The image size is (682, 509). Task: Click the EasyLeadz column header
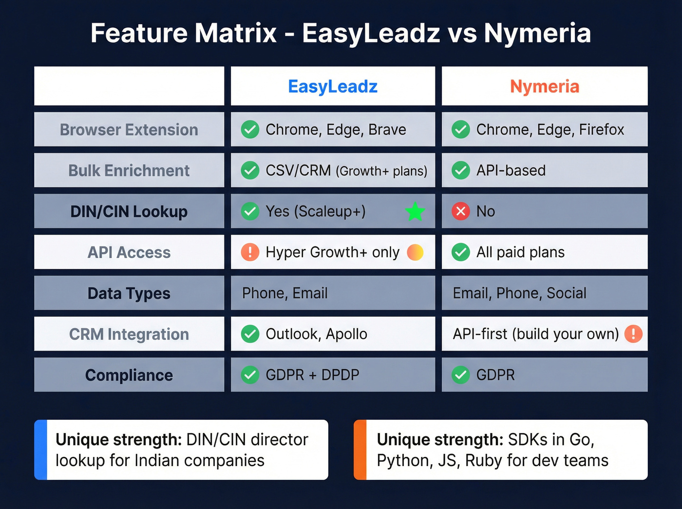click(333, 87)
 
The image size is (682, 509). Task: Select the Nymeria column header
click(544, 87)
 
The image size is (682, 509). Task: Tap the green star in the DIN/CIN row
click(415, 212)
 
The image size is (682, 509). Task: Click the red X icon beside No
click(460, 211)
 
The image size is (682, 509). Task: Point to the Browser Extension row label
click(129, 130)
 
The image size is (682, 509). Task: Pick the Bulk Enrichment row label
click(129, 170)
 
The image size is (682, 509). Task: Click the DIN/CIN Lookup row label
click(129, 211)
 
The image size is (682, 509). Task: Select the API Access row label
click(129, 252)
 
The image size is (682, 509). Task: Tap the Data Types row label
click(129, 293)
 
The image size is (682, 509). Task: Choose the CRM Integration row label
click(129, 334)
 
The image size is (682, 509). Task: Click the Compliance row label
click(129, 375)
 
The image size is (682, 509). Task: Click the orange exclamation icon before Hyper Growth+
click(250, 252)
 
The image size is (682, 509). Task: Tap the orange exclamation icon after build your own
click(633, 334)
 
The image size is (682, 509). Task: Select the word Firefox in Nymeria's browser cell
click(602, 130)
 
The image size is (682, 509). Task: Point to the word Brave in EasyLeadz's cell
click(387, 130)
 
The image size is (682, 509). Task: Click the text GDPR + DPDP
click(312, 375)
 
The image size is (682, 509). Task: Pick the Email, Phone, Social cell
click(519, 293)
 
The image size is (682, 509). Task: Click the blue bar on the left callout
click(41, 450)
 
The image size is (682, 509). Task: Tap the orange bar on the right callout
click(360, 450)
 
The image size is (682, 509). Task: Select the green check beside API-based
click(460, 170)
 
